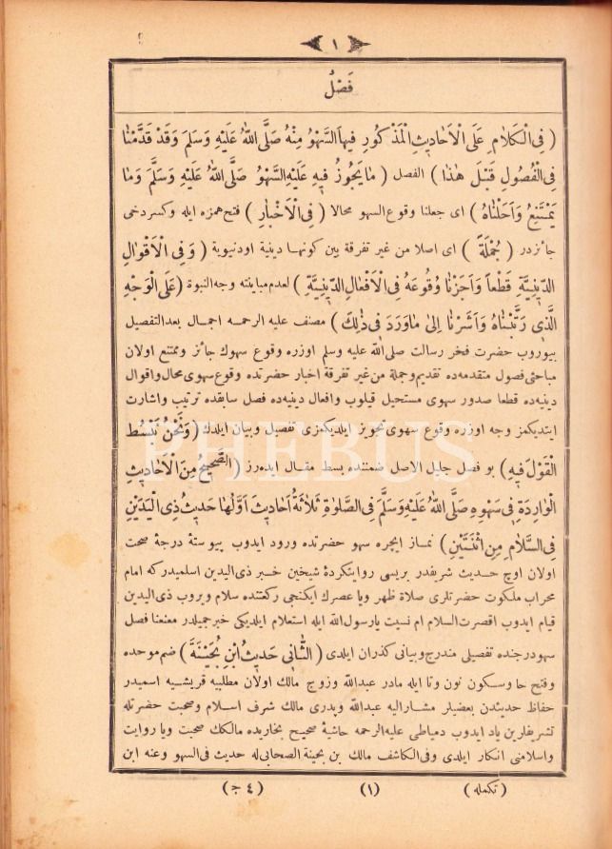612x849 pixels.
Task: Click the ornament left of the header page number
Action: [x=312, y=44]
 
